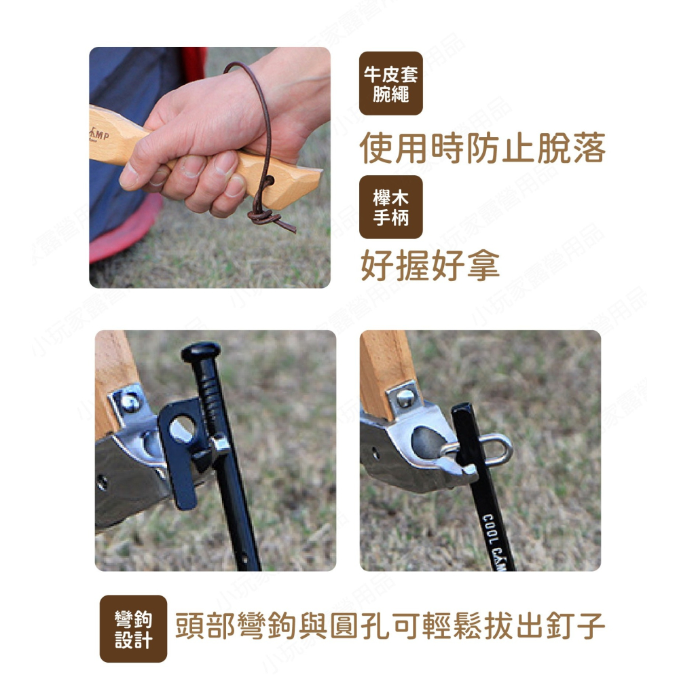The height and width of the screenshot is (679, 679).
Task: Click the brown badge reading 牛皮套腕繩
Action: [390, 84]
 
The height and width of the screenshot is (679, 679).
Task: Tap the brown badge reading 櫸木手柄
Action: [390, 207]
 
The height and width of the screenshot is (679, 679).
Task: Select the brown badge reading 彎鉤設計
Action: [133, 629]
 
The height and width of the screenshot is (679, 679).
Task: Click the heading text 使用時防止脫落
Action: [482, 147]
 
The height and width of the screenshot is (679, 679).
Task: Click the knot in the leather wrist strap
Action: [261, 217]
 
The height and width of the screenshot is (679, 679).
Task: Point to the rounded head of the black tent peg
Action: [200, 351]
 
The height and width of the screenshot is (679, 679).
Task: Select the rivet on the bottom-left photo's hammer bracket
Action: [129, 402]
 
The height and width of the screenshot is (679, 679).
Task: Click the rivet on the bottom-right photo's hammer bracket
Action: [405, 397]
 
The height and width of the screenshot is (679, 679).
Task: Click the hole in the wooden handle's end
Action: [270, 181]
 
